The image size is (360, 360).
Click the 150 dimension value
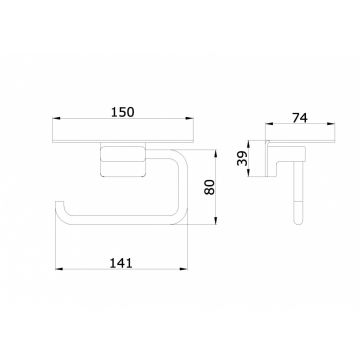(x=122, y=112)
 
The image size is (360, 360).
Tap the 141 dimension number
(x=121, y=263)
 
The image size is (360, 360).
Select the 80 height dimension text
(x=210, y=187)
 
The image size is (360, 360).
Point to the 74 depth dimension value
(x=300, y=118)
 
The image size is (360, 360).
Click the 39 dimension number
(x=243, y=158)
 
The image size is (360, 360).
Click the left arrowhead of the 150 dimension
(x=56, y=118)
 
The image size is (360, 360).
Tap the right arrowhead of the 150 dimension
(x=189, y=118)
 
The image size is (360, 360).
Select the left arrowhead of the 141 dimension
(x=59, y=269)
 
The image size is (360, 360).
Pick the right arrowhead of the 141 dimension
(x=184, y=269)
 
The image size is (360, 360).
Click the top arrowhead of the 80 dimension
(x=216, y=154)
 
